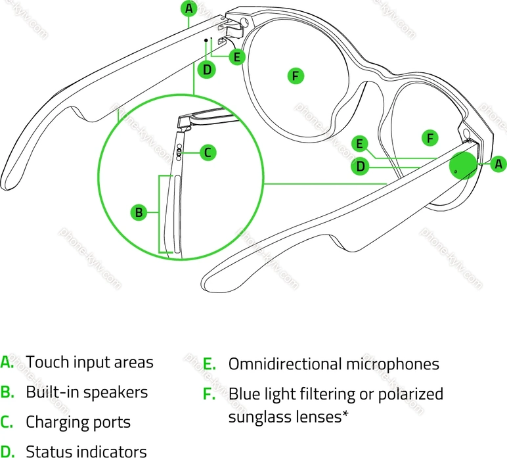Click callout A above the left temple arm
coord(189,9)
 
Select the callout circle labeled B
coord(139,212)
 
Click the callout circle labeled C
coord(208,152)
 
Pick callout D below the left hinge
coord(206,69)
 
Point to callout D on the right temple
coord(361,167)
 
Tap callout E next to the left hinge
coord(236,57)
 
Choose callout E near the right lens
coord(359,143)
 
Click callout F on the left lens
coord(296,76)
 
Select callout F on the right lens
coord(430,138)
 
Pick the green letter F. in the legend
coord(209,394)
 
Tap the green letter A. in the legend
coord(7,363)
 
